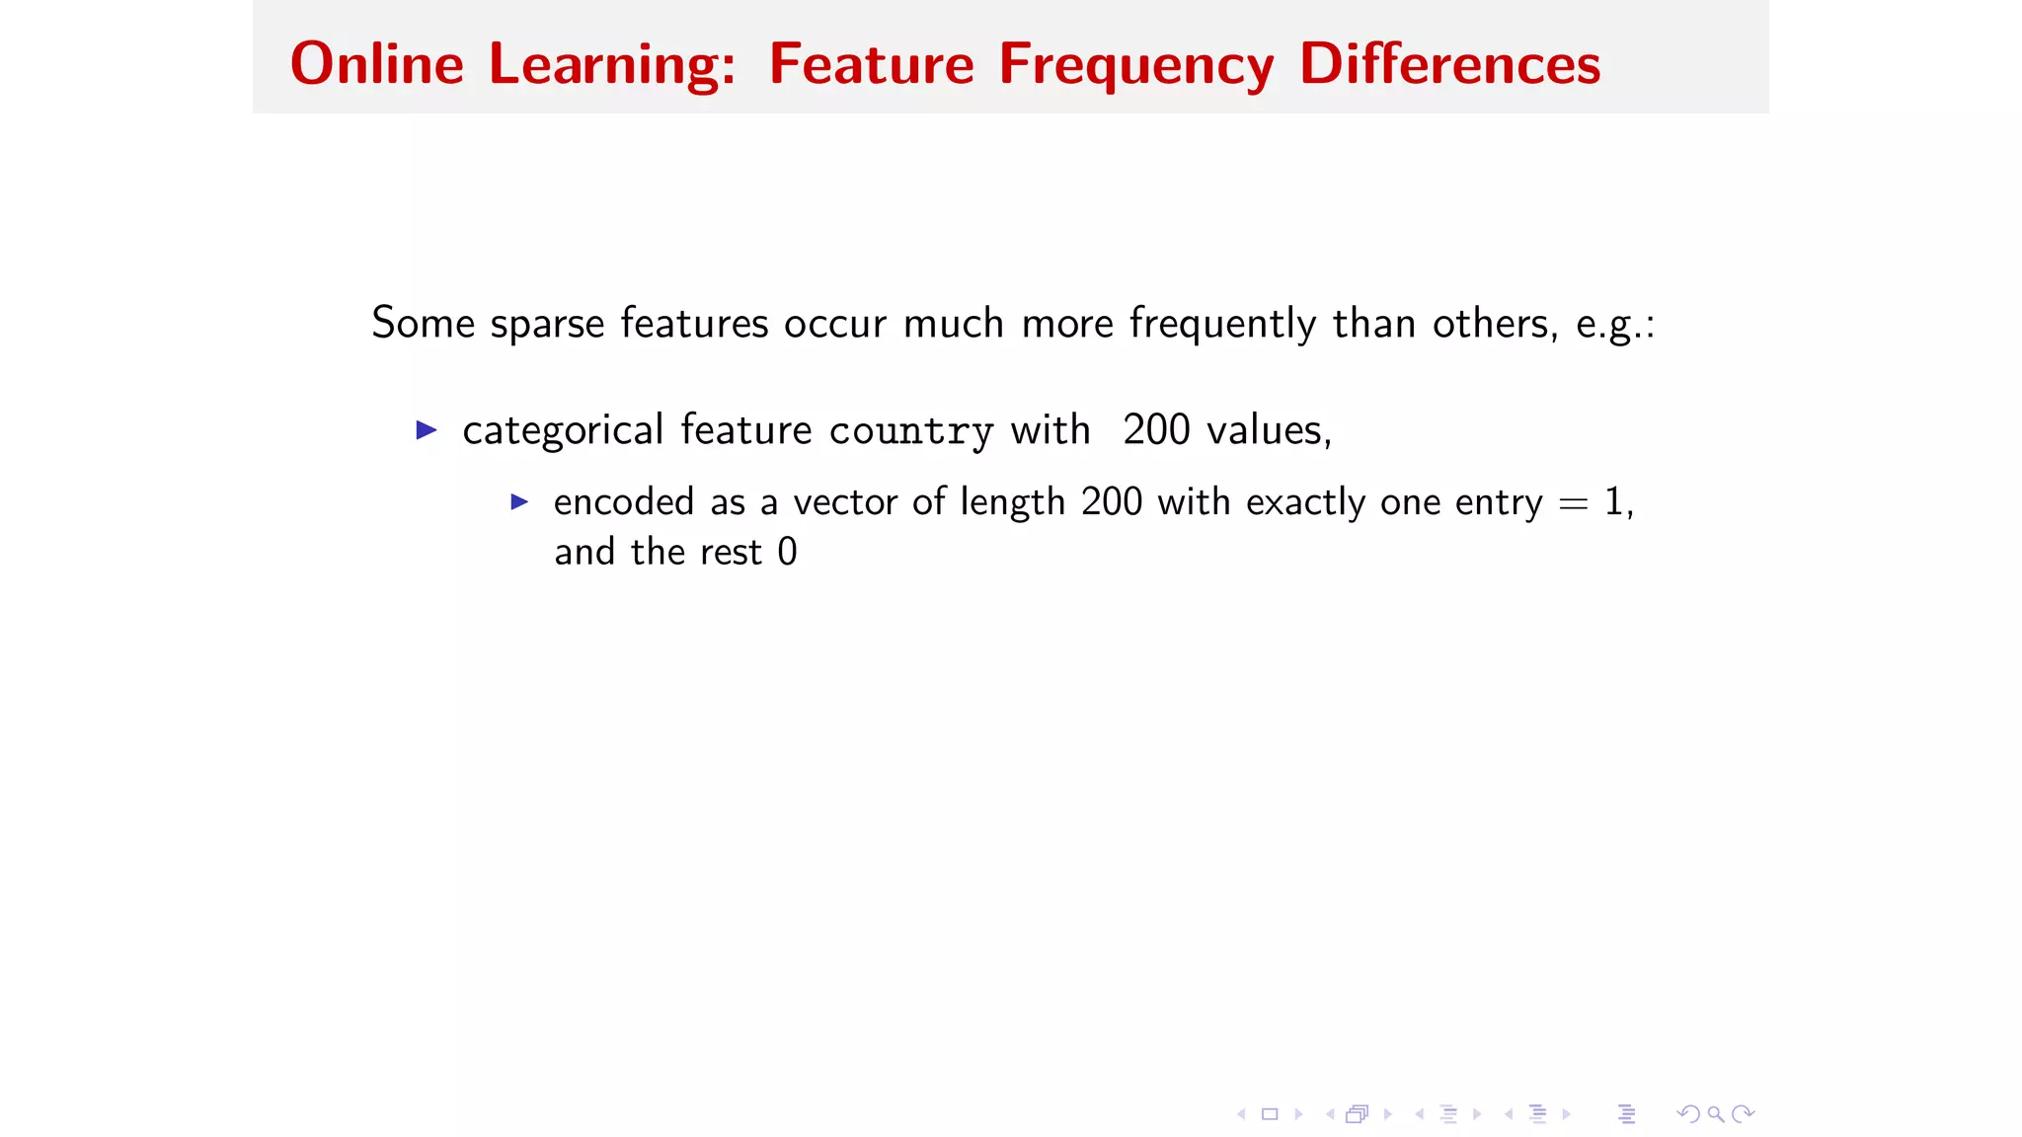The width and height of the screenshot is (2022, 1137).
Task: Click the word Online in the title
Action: tap(376, 64)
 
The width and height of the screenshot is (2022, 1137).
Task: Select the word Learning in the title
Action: tap(612, 66)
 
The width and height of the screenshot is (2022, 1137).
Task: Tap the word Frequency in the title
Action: tap(1135, 66)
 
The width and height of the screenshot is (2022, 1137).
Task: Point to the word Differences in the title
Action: tap(1449, 64)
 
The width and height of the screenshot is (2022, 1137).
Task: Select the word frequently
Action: tap(1222, 324)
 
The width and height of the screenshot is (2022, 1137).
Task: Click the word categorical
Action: tap(563, 431)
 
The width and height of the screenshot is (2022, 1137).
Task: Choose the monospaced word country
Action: tap(910, 431)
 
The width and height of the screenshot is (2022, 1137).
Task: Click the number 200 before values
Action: tap(1156, 430)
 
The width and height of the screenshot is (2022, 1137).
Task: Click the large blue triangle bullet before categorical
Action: tap(427, 429)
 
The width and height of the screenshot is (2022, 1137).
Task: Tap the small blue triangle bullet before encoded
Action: tap(519, 502)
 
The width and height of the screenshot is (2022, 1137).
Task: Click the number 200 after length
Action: tap(1111, 502)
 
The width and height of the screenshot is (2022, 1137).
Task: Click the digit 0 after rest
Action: tap(787, 552)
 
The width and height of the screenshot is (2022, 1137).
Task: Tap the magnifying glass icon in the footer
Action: tap(1716, 1114)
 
